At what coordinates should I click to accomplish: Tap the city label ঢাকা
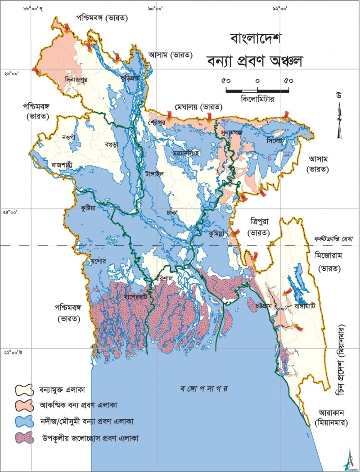pyautogui.click(x=171, y=211)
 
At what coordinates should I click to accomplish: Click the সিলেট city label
pyautogui.click(x=274, y=141)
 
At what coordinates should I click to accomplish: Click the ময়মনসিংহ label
pyautogui.click(x=189, y=153)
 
